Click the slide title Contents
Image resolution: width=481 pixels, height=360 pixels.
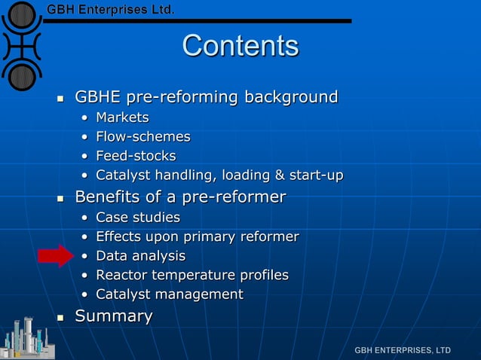point(240,46)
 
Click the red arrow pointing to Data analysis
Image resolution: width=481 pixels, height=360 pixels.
point(54,256)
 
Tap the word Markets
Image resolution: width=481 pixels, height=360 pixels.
point(122,117)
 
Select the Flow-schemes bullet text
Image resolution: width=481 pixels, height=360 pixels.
point(142,137)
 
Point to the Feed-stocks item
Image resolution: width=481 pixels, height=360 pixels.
point(136,157)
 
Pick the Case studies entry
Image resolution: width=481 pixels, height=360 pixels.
point(138,218)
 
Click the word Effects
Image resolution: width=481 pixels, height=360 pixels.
point(119,237)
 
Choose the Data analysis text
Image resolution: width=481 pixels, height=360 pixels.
point(140,256)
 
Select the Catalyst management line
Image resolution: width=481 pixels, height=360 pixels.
point(169,294)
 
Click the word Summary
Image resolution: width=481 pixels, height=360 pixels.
point(113,316)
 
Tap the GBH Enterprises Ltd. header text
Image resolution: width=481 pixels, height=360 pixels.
point(111,10)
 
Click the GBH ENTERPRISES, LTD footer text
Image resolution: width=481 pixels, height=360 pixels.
point(403,350)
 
